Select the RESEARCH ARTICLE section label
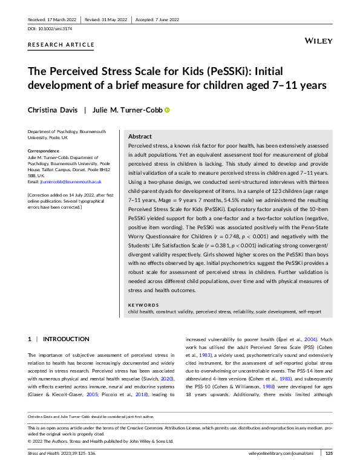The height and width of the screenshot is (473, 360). tap(61, 45)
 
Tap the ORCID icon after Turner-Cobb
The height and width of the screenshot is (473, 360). tap(168, 110)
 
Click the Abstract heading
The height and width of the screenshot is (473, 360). tap(140, 137)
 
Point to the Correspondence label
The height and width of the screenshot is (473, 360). tap(45, 150)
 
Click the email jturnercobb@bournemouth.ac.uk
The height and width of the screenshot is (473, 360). tap(70, 181)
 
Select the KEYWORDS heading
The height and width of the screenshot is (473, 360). tap(143, 304)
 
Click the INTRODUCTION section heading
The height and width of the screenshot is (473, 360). tap(66, 340)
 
